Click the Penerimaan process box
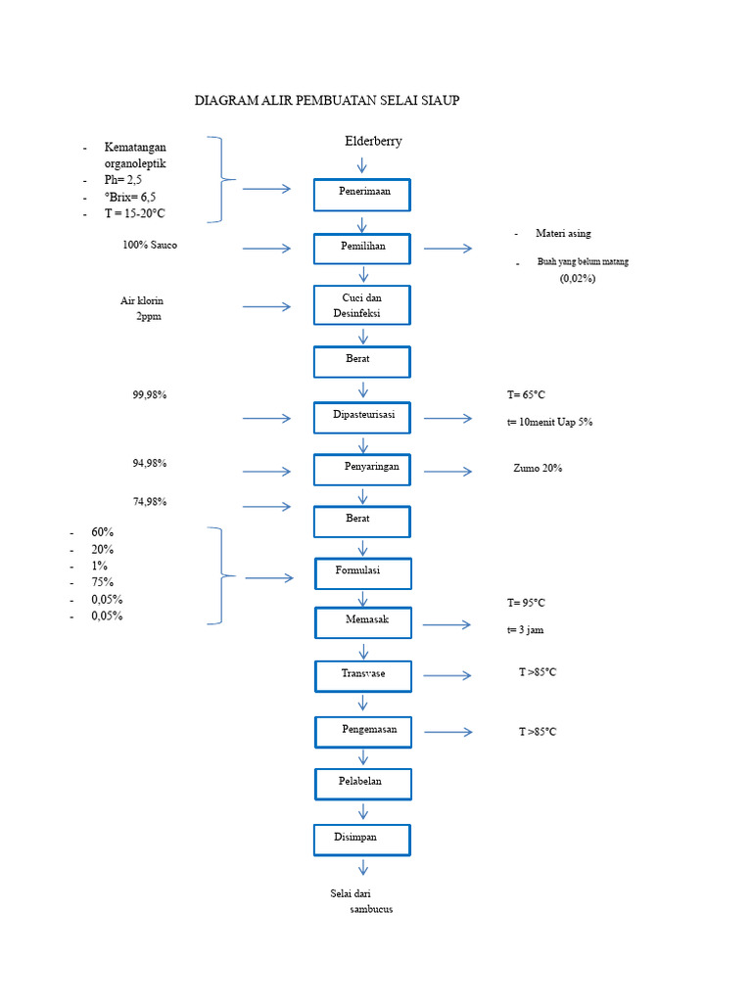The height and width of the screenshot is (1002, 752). [362, 195]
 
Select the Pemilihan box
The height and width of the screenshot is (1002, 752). [362, 249]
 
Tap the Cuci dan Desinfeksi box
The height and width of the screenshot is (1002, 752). [362, 305]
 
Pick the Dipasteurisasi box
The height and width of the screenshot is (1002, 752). [362, 417]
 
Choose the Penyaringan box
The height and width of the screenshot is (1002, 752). [362, 470]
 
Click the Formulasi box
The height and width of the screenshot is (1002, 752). [362, 573]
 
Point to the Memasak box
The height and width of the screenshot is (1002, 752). [363, 622]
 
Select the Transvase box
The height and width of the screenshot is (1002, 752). [363, 676]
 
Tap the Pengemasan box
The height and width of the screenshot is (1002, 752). [363, 732]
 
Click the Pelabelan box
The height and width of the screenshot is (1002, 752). [362, 784]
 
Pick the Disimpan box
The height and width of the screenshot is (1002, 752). [362, 840]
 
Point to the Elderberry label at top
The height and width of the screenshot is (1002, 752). [373, 142]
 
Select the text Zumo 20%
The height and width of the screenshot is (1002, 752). [538, 469]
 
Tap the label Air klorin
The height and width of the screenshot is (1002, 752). [142, 301]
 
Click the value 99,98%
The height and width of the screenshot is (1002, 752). [150, 395]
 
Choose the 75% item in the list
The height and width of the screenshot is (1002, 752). [103, 582]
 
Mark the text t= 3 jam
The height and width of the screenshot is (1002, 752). [525, 630]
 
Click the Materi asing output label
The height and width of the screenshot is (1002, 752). [563, 234]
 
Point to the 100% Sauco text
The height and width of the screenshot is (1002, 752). [150, 245]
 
